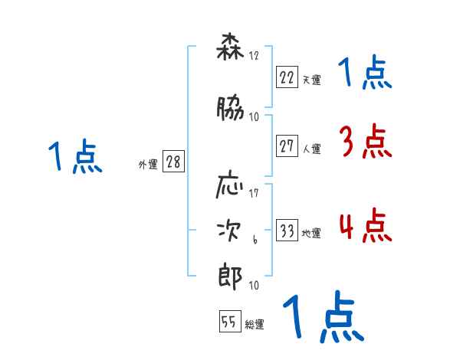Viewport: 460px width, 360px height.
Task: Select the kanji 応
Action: (230, 188)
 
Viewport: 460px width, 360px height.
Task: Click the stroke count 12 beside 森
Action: (255, 55)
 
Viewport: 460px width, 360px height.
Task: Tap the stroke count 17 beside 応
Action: (255, 192)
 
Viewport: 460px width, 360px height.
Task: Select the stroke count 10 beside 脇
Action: (255, 116)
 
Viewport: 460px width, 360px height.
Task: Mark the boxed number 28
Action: (174, 162)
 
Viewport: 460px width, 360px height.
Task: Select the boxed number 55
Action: (230, 322)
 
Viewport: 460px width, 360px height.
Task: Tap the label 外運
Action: (147, 165)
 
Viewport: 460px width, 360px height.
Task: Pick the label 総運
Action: (255, 325)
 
